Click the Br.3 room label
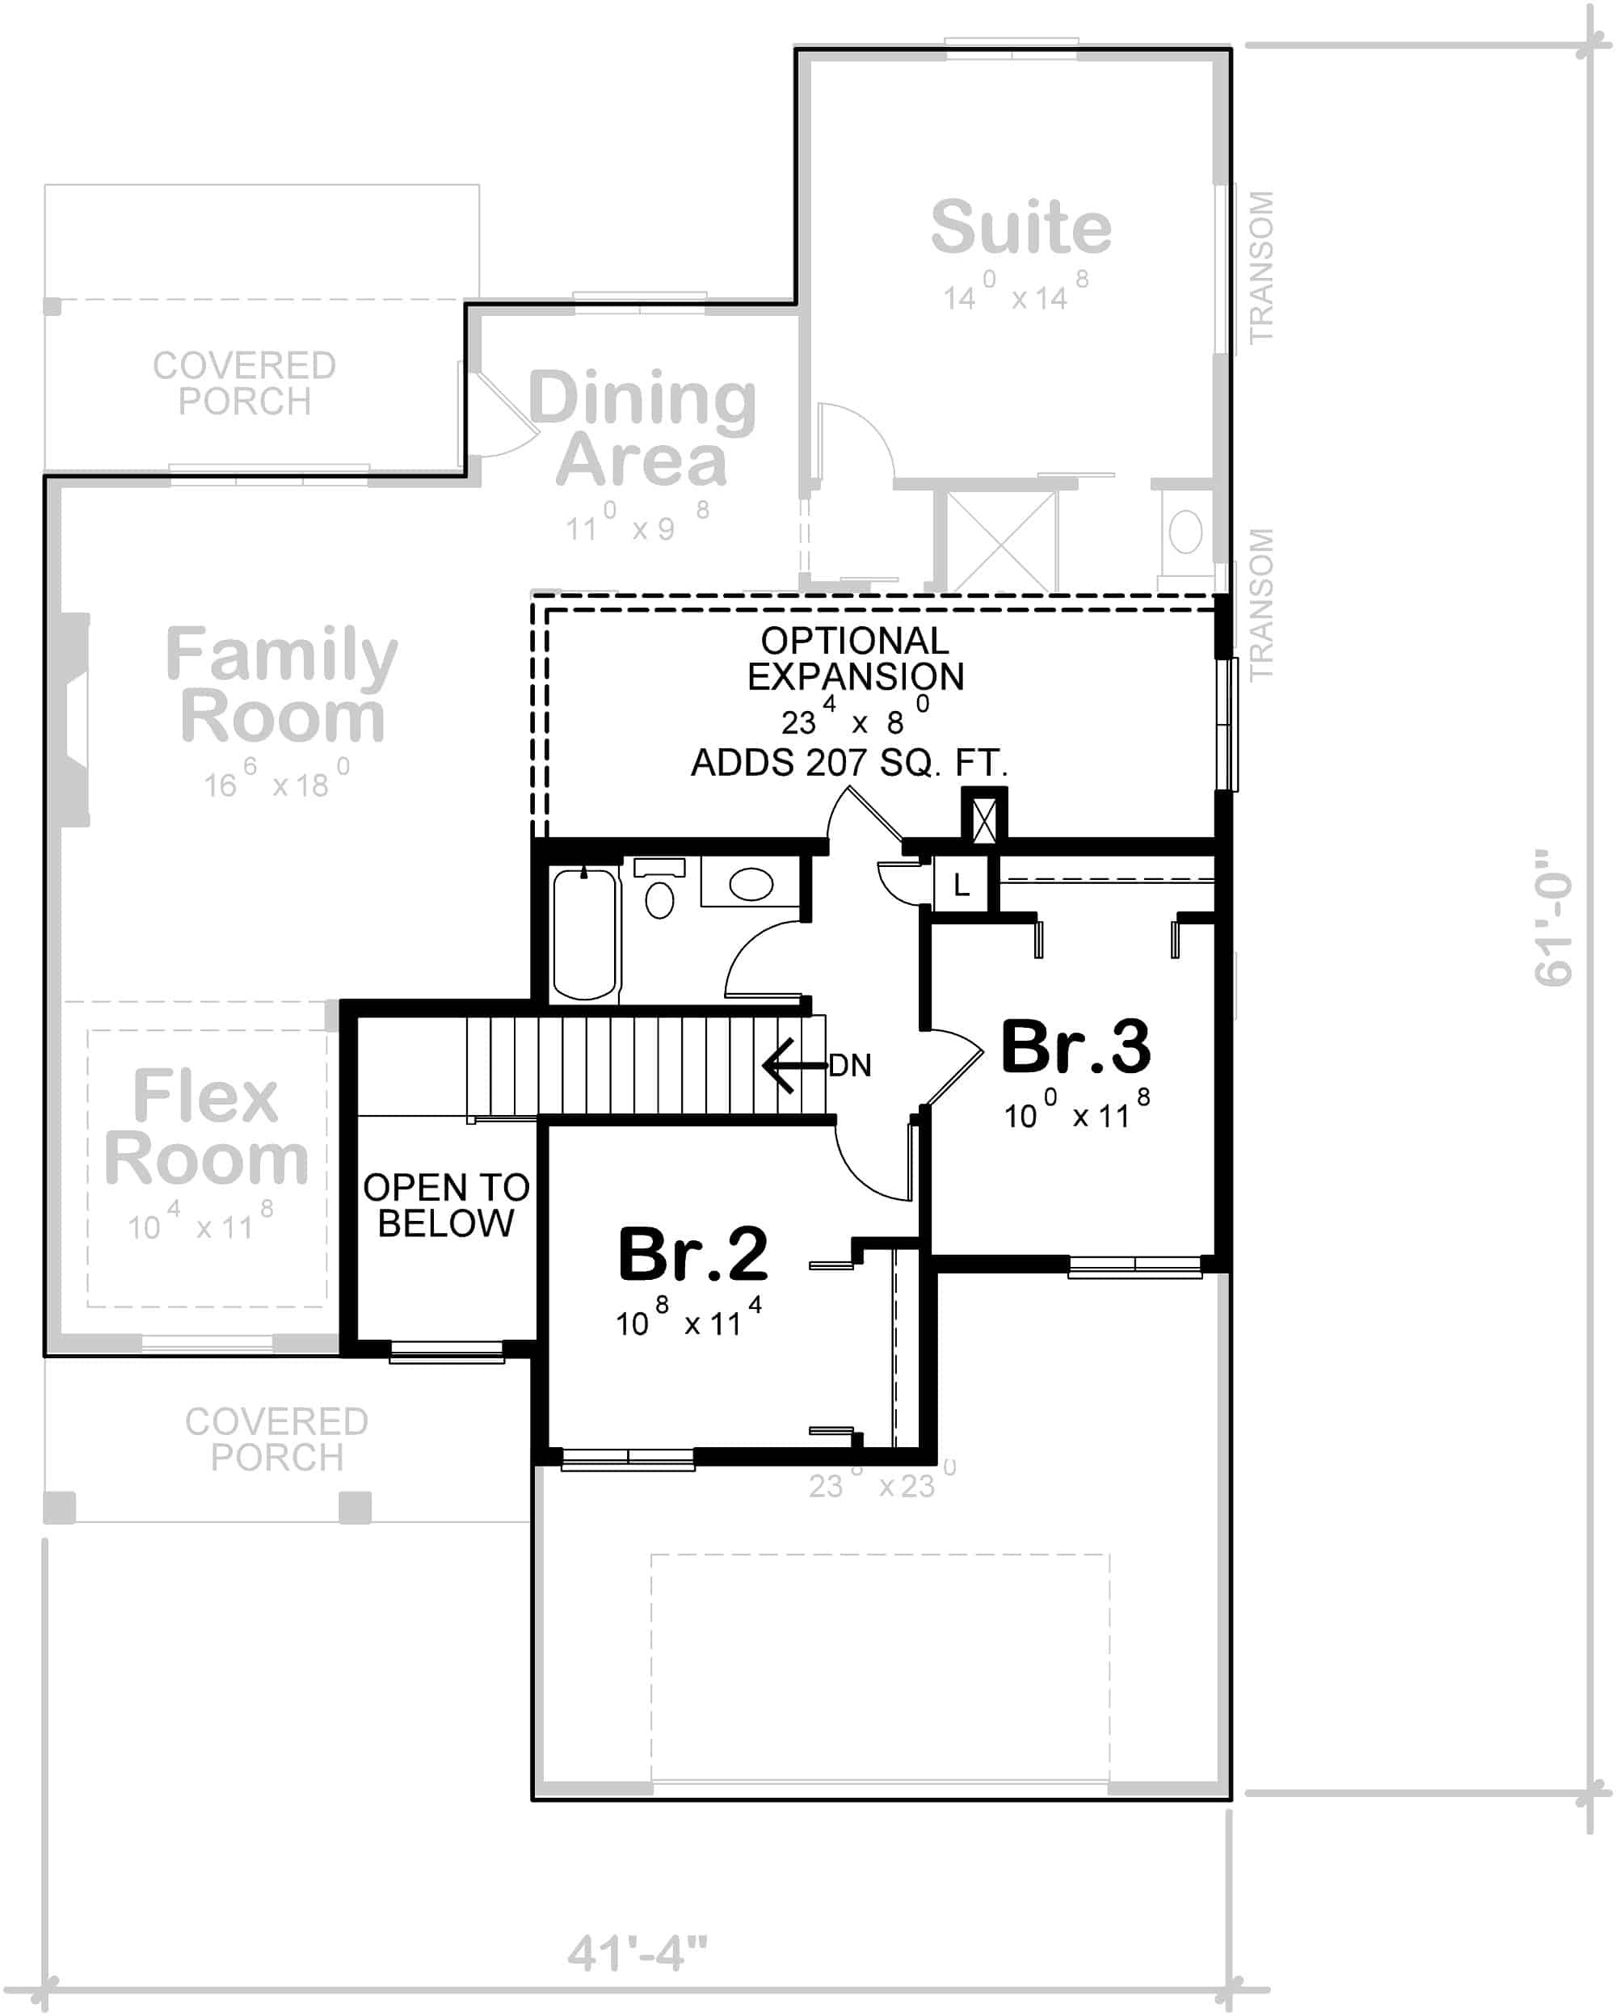click(x=1075, y=1047)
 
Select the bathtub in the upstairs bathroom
click(x=584, y=934)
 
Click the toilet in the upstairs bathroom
click(x=659, y=899)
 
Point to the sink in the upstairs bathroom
click(x=751, y=884)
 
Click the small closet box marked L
click(x=961, y=885)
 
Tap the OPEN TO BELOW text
click(x=446, y=1206)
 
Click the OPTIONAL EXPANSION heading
click(x=855, y=659)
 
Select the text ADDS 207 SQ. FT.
click(x=849, y=763)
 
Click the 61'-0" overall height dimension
click(x=1553, y=917)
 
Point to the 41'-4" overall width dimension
click(x=637, y=1953)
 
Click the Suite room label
click(x=1021, y=227)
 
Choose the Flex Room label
click(x=206, y=1126)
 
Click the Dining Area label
click(x=642, y=428)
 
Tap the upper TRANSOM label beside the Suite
click(x=1260, y=267)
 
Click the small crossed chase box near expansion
click(x=984, y=820)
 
